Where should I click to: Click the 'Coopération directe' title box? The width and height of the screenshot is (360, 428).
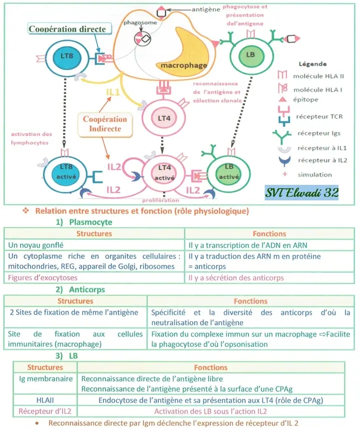[x=67, y=29]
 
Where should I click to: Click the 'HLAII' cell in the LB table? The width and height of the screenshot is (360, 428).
[x=44, y=400]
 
